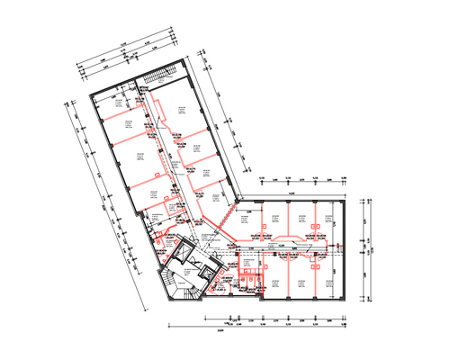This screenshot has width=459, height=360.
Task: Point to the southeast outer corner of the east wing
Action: (x=346, y=301)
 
